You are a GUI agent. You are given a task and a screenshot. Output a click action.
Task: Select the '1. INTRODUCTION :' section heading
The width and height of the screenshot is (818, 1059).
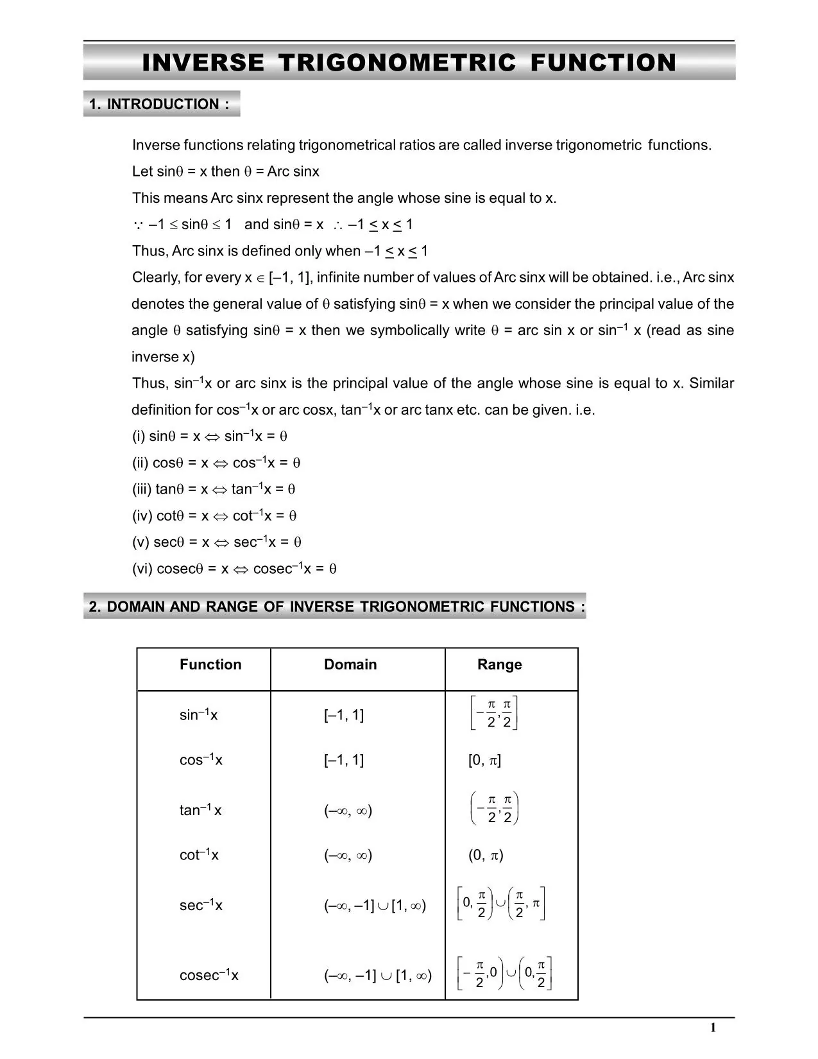click(160, 104)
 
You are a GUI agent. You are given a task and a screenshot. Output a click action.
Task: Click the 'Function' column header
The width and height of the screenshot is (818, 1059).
click(210, 664)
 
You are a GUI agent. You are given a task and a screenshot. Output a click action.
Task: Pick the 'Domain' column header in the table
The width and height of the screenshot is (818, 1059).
click(350, 664)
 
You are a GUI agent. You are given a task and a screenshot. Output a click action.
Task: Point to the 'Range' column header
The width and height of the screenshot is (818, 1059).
click(499, 664)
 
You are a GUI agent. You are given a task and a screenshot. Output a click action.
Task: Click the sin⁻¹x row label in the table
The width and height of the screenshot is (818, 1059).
click(198, 714)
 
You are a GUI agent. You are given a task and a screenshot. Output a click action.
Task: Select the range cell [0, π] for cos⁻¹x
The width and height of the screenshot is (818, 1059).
click(484, 761)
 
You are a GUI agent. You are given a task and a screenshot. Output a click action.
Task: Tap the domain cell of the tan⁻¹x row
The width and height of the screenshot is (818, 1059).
click(348, 811)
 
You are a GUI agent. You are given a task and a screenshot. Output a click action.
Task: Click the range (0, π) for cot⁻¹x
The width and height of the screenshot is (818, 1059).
click(486, 855)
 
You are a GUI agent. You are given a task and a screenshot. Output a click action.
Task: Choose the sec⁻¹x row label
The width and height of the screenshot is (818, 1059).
click(201, 905)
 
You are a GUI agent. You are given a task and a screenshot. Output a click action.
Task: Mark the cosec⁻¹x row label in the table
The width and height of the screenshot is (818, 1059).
click(209, 975)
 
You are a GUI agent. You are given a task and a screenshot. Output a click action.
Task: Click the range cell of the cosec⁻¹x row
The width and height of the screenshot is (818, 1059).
click(505, 974)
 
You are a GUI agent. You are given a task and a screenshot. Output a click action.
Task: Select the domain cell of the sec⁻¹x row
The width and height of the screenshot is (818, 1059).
click(375, 906)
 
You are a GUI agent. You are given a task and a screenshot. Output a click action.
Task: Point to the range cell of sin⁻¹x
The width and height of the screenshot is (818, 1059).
click(493, 712)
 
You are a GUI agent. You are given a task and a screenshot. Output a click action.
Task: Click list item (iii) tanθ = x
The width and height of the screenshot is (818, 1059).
click(213, 489)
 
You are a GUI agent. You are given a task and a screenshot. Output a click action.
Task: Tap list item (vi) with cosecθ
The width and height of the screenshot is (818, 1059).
click(234, 569)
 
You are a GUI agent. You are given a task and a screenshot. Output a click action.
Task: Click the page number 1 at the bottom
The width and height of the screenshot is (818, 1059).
click(713, 1028)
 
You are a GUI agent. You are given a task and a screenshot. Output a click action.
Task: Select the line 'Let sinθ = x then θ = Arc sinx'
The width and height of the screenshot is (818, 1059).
click(225, 171)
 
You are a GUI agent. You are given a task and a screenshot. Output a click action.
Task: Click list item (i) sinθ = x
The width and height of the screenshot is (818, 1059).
click(209, 436)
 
